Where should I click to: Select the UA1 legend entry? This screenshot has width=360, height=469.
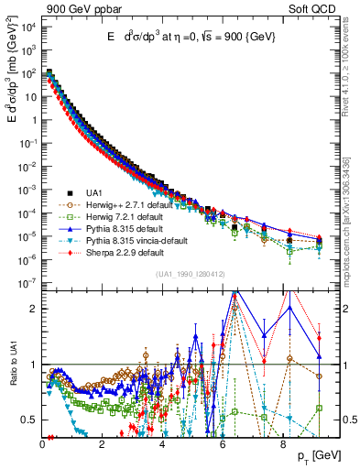pyautogui.click(x=93, y=191)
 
